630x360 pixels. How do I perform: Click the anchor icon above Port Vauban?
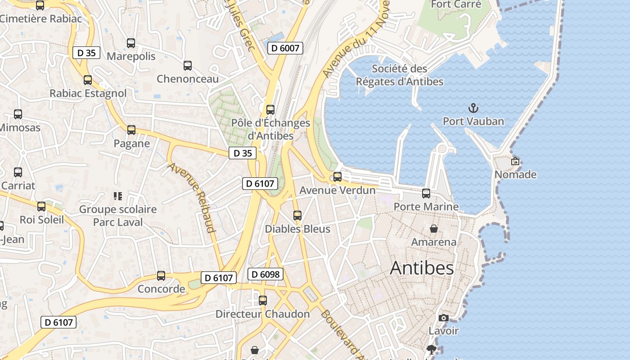pos(473,108)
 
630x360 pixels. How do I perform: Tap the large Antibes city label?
pos(422,268)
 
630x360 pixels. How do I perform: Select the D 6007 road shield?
pos(285,48)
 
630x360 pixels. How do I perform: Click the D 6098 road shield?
pos(265,274)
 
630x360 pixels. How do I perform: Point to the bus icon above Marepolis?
pos(131,43)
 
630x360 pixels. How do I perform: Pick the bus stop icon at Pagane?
pos(131,130)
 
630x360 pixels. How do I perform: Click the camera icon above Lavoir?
pos(443,318)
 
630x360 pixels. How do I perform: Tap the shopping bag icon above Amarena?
pos(434,229)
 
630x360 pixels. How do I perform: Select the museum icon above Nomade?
pos(515,161)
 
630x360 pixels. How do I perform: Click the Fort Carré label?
pos(456,4)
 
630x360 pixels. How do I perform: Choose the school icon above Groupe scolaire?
pos(118,196)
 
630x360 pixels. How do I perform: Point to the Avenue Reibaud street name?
pos(192,197)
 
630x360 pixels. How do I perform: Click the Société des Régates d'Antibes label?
pos(400,75)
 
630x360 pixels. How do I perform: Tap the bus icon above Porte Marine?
pos(426,193)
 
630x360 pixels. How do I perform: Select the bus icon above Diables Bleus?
pos(297,216)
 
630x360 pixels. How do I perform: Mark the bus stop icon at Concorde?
pos(161,276)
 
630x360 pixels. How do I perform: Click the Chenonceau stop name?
pos(188,79)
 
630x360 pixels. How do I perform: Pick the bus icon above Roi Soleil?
pos(41,207)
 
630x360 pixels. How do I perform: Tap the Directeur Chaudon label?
pos(263,314)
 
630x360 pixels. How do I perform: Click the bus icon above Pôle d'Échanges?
pos(270,110)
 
